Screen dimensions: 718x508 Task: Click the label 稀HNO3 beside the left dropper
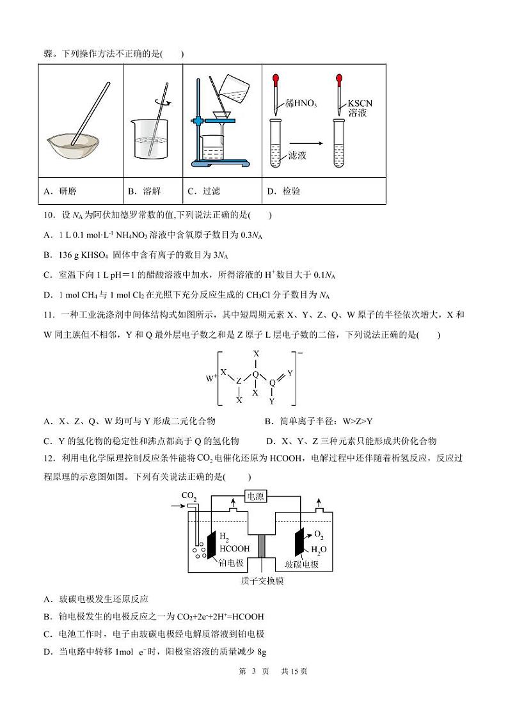(x=302, y=104)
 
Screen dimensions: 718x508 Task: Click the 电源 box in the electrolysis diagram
(x=255, y=496)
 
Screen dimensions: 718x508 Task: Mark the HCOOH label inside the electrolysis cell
(x=234, y=548)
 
